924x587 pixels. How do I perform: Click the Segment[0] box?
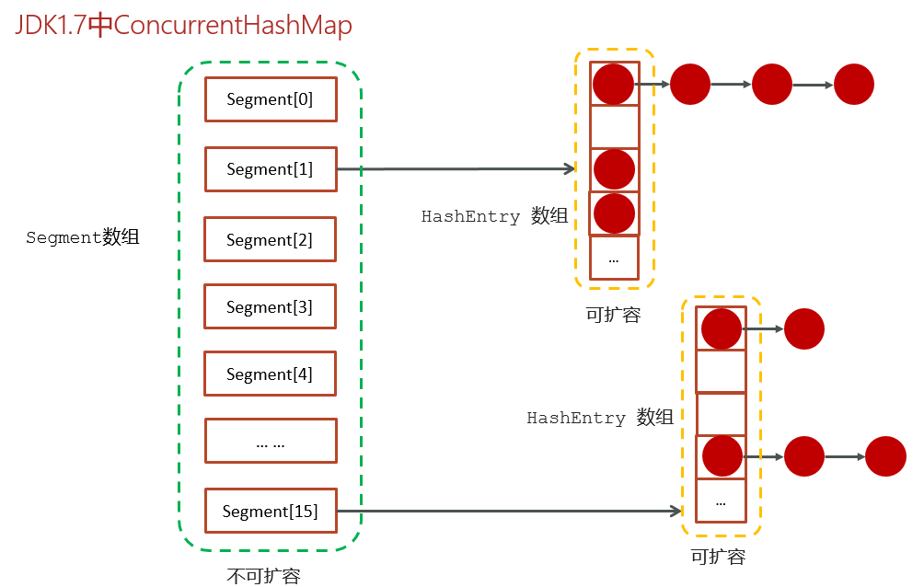click(x=271, y=99)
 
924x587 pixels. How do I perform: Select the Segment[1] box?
click(x=271, y=169)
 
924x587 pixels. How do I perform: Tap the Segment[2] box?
click(x=270, y=239)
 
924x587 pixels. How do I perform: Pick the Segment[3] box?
click(x=270, y=306)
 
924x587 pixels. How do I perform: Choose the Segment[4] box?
click(x=270, y=374)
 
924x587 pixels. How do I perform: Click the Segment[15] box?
click(x=271, y=511)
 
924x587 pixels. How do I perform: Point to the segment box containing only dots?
click(x=271, y=441)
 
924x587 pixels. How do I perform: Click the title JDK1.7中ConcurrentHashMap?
click(x=183, y=25)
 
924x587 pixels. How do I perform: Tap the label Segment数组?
click(x=83, y=237)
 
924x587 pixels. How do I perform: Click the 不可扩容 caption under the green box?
click(x=263, y=576)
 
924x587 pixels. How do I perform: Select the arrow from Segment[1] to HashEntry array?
click(x=456, y=169)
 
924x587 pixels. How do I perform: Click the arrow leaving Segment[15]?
click(x=510, y=511)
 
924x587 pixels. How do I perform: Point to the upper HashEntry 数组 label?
click(x=494, y=216)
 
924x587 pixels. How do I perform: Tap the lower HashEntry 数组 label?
click(x=600, y=418)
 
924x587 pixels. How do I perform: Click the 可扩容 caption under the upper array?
click(x=613, y=315)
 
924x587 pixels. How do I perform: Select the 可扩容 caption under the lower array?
click(x=719, y=557)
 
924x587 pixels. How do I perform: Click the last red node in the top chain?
click(x=854, y=85)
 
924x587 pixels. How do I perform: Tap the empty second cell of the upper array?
click(x=615, y=127)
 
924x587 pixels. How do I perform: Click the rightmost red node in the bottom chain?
click(x=885, y=456)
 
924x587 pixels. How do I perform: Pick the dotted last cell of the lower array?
click(x=721, y=501)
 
